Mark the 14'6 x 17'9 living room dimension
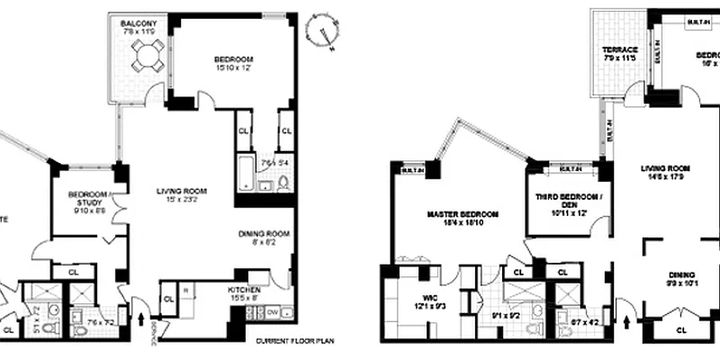[664, 177]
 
